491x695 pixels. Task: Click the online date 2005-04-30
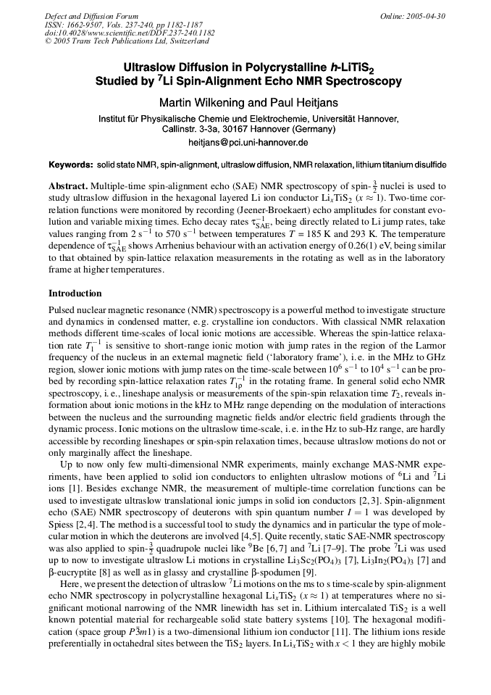pyautogui.click(x=426, y=15)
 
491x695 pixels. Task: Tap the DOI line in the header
pyautogui.click(x=130, y=33)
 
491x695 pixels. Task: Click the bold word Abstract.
pyautogui.click(x=68, y=187)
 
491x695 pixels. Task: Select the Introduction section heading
pyautogui.click(x=75, y=294)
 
